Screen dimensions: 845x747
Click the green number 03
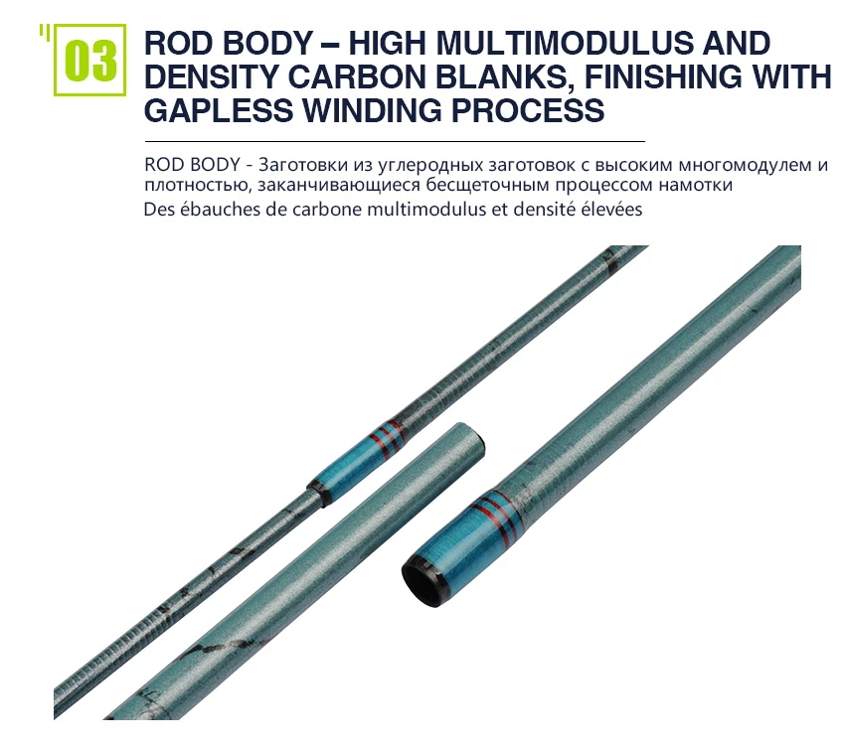click(90, 61)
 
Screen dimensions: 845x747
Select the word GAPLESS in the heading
click(219, 110)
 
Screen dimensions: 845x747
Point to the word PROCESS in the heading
click(528, 110)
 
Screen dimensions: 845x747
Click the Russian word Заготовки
click(303, 164)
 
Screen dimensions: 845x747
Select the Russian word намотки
click(695, 185)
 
